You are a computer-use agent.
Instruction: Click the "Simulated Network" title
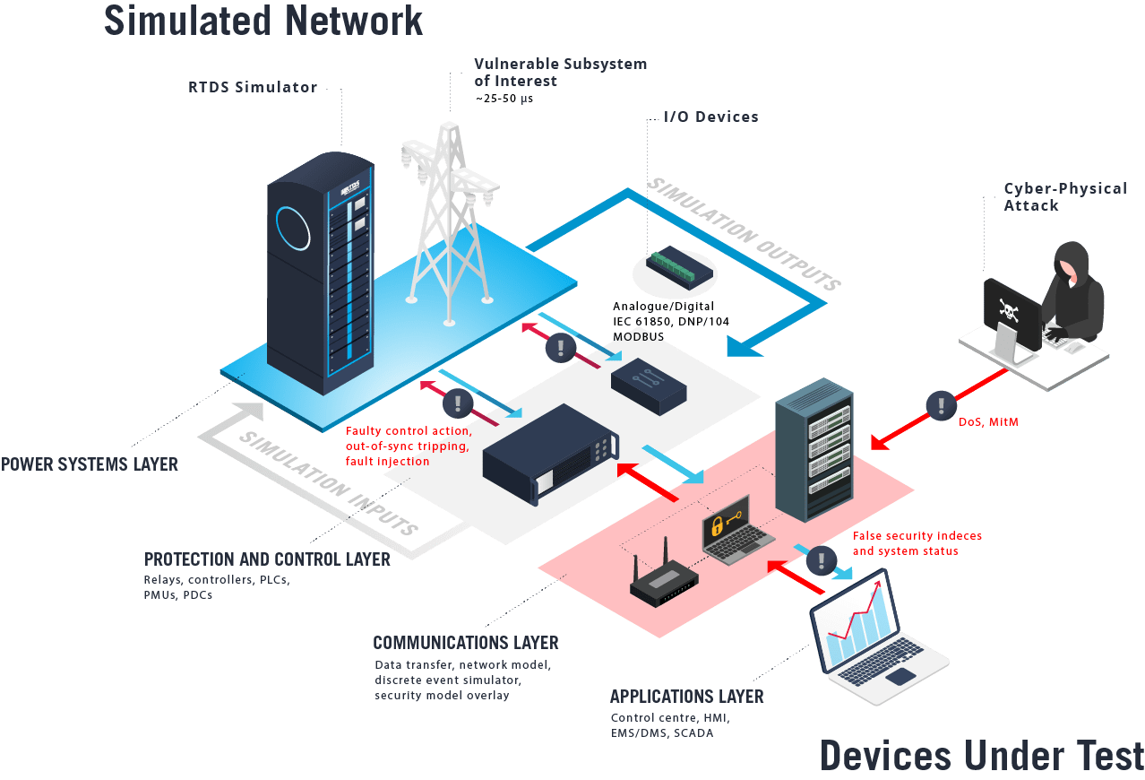(263, 20)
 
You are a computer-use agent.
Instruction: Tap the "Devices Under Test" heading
(981, 755)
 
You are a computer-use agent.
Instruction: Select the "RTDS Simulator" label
(253, 87)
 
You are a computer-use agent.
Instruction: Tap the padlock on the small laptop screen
(717, 527)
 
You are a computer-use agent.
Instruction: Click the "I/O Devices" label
(710, 117)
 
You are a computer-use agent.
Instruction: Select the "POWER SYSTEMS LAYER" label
(89, 464)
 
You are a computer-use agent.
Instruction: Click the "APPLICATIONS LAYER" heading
(686, 697)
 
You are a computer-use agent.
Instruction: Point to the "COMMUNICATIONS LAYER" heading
(465, 643)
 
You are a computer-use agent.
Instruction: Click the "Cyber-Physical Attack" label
(1064, 196)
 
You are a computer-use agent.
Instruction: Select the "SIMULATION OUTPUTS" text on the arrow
(744, 233)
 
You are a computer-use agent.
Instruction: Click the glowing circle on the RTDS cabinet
(292, 227)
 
